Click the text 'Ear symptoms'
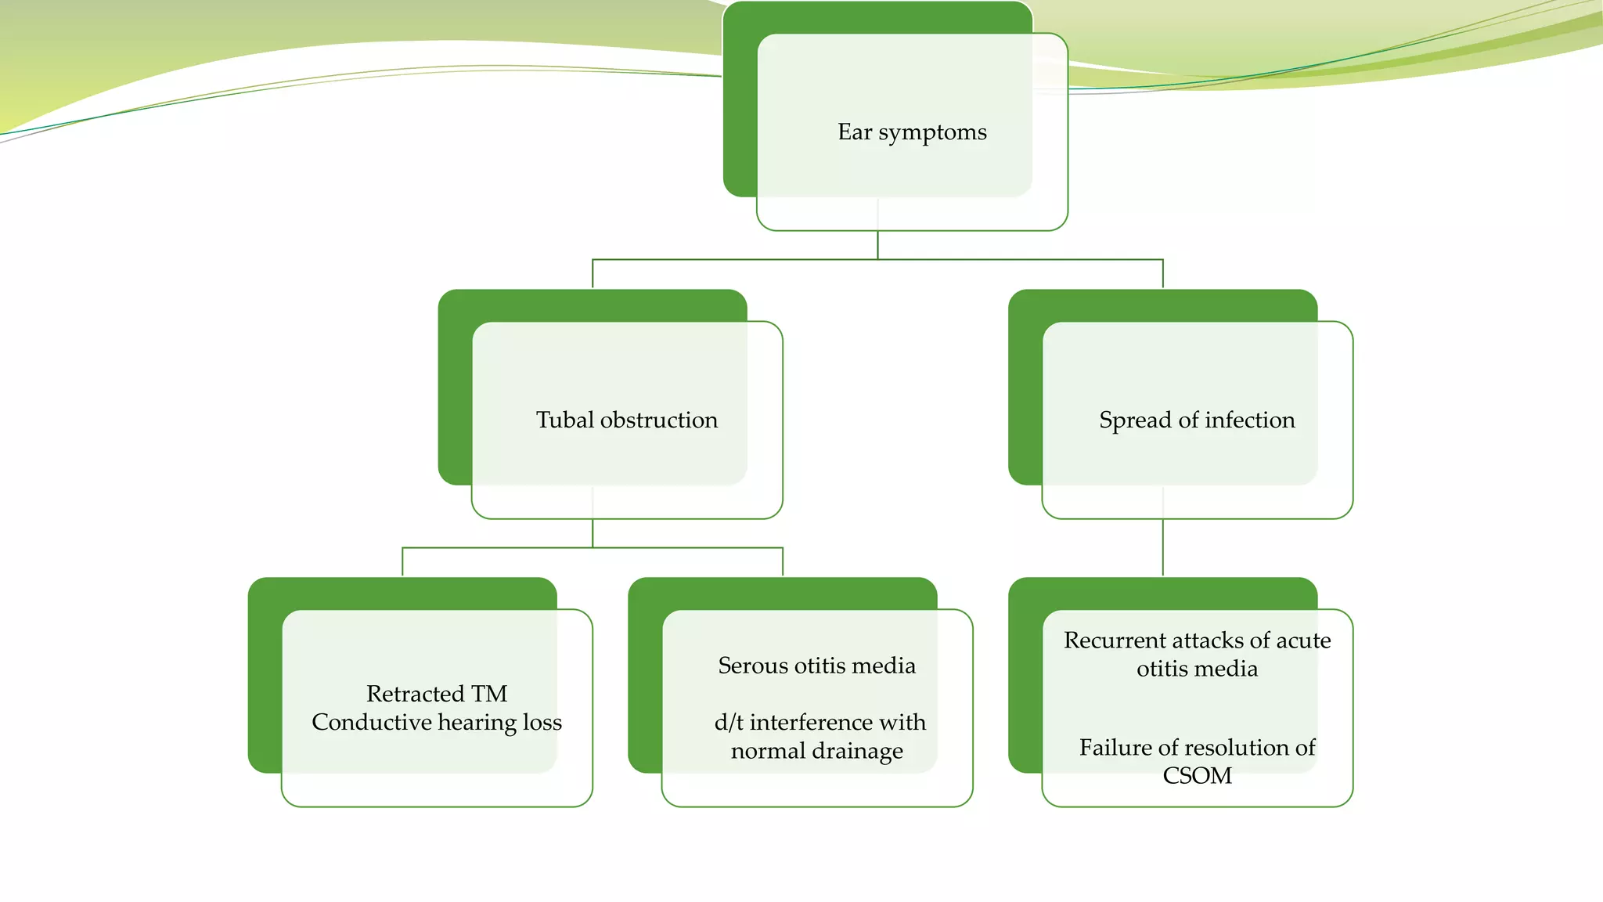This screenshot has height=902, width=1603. coord(912,132)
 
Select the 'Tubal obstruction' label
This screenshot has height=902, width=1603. coord(626,420)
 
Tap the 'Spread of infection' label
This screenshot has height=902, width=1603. coord(1197,420)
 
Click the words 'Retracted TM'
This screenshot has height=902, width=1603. coord(437,694)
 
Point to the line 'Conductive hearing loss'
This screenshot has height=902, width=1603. coord(437,722)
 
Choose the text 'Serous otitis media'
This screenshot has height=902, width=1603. coord(816,666)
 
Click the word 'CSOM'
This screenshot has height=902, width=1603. coord(1197,776)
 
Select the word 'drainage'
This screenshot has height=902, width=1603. coord(859,752)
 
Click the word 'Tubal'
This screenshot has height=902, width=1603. coord(565,420)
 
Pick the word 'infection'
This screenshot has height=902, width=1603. coord(1250,420)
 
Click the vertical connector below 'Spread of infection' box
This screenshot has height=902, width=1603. coord(1162,547)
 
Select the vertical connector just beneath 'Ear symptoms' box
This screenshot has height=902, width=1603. coord(877,244)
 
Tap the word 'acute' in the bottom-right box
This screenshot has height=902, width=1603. coord(1303,640)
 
